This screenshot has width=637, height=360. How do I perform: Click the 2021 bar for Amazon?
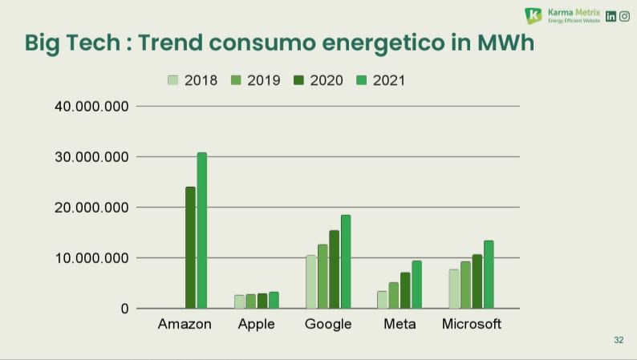(x=202, y=230)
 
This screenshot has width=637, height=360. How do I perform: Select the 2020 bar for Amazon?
(x=190, y=248)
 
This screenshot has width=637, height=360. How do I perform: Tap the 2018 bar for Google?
(x=310, y=281)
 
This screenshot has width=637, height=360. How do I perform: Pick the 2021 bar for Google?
(x=346, y=261)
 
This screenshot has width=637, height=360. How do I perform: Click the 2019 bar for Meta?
(x=393, y=295)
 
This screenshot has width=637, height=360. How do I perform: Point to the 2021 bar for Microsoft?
(x=489, y=274)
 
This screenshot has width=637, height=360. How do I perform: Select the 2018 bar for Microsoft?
(x=454, y=289)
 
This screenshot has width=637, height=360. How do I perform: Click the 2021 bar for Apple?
(x=274, y=300)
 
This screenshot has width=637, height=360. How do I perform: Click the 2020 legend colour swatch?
(x=298, y=80)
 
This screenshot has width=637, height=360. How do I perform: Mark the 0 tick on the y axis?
(x=124, y=309)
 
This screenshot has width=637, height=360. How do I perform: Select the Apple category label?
(x=257, y=325)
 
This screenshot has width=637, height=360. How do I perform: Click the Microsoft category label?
(x=472, y=325)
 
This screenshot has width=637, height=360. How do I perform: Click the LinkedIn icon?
(x=611, y=16)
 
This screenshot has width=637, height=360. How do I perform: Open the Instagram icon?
(x=625, y=16)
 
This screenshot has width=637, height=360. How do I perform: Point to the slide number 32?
(x=619, y=341)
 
